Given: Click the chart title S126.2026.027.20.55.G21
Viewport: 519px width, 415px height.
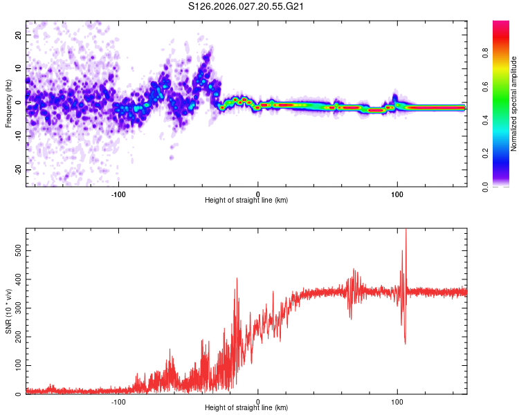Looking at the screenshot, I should (x=247, y=7).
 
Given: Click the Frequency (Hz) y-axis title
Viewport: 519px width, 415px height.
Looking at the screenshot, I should (x=8, y=104).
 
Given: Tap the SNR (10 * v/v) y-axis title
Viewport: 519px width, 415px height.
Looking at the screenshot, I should (x=8, y=311).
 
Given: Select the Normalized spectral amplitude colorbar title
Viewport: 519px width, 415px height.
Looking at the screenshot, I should (x=513, y=104).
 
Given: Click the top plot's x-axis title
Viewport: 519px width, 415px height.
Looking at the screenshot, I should (x=246, y=200).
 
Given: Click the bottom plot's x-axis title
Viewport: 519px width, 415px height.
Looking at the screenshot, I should (x=246, y=407).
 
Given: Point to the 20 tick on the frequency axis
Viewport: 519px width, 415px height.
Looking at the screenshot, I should (x=19, y=35).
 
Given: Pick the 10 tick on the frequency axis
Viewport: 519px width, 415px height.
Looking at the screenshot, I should (x=19, y=68).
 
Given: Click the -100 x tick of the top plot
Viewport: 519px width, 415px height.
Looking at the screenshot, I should (x=118, y=193).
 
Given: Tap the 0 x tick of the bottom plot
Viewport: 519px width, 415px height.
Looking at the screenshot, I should (x=258, y=401).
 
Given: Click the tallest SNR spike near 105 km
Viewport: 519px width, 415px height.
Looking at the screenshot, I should (x=406, y=231).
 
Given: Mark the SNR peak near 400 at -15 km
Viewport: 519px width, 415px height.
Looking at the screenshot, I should (x=237, y=279).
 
